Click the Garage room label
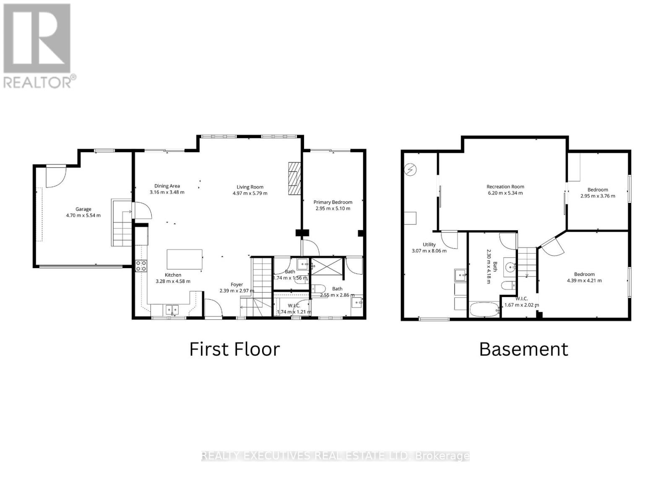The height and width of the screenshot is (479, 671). (83, 209)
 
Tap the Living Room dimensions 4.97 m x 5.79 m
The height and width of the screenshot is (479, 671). (250, 193)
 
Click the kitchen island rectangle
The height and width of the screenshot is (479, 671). (185, 259)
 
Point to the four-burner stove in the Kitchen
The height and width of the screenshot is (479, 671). (141, 266)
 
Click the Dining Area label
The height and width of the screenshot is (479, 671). (167, 186)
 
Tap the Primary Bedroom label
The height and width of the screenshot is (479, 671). (333, 202)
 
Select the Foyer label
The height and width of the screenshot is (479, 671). (237, 285)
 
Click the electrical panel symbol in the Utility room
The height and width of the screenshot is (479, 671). (410, 169)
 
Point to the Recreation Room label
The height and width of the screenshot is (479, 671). (505, 186)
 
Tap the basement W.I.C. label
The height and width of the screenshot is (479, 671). (522, 299)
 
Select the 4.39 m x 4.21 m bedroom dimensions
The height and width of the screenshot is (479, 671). (584, 280)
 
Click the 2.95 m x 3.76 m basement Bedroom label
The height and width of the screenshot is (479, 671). (598, 189)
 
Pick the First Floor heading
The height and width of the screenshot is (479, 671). (234, 349)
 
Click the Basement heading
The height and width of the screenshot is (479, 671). (523, 349)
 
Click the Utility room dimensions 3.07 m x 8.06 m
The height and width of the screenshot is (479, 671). (429, 251)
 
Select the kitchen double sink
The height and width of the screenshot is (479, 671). (172, 310)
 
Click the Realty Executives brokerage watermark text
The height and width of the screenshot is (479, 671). (335, 456)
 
